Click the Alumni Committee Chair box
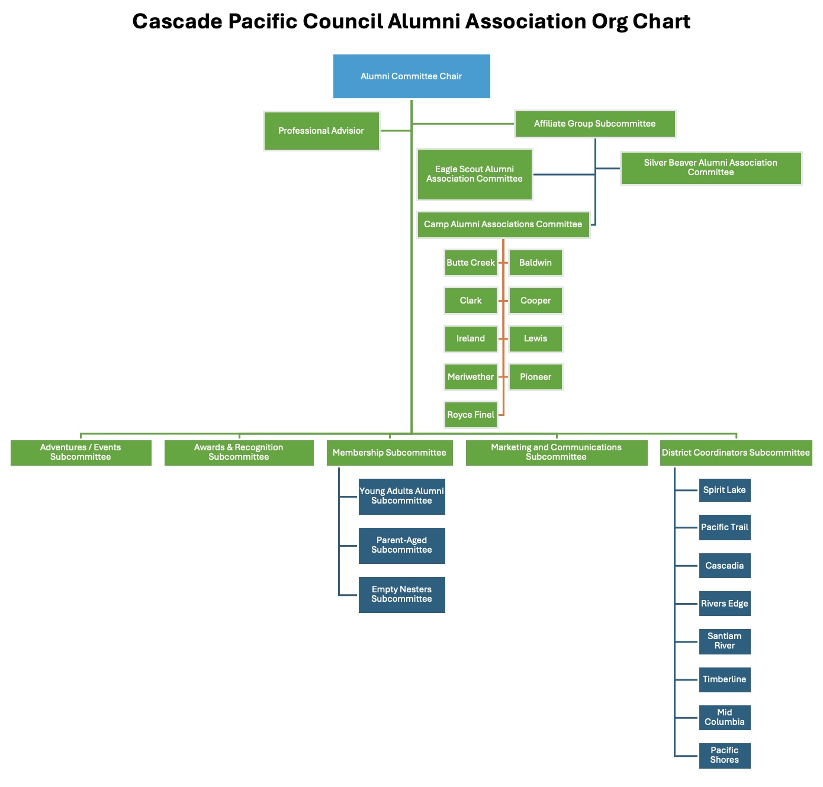(x=411, y=76)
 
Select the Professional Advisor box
(x=322, y=131)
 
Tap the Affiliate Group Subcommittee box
(x=595, y=124)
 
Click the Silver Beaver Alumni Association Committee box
(x=711, y=168)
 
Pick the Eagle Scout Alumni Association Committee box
(x=474, y=174)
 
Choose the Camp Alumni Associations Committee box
(x=503, y=224)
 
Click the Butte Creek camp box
(x=471, y=263)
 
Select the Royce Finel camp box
(x=471, y=415)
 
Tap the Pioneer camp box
(x=535, y=377)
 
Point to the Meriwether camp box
(x=471, y=377)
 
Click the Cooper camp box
(x=535, y=301)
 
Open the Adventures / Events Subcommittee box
(x=81, y=453)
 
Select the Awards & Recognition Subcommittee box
(x=239, y=453)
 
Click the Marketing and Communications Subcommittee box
(x=556, y=453)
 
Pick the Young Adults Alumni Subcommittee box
(x=401, y=496)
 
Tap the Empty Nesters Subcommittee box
(x=401, y=595)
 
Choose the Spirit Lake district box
(x=724, y=490)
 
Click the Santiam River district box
(x=724, y=641)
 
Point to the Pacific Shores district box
(x=724, y=756)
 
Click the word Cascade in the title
(x=176, y=22)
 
